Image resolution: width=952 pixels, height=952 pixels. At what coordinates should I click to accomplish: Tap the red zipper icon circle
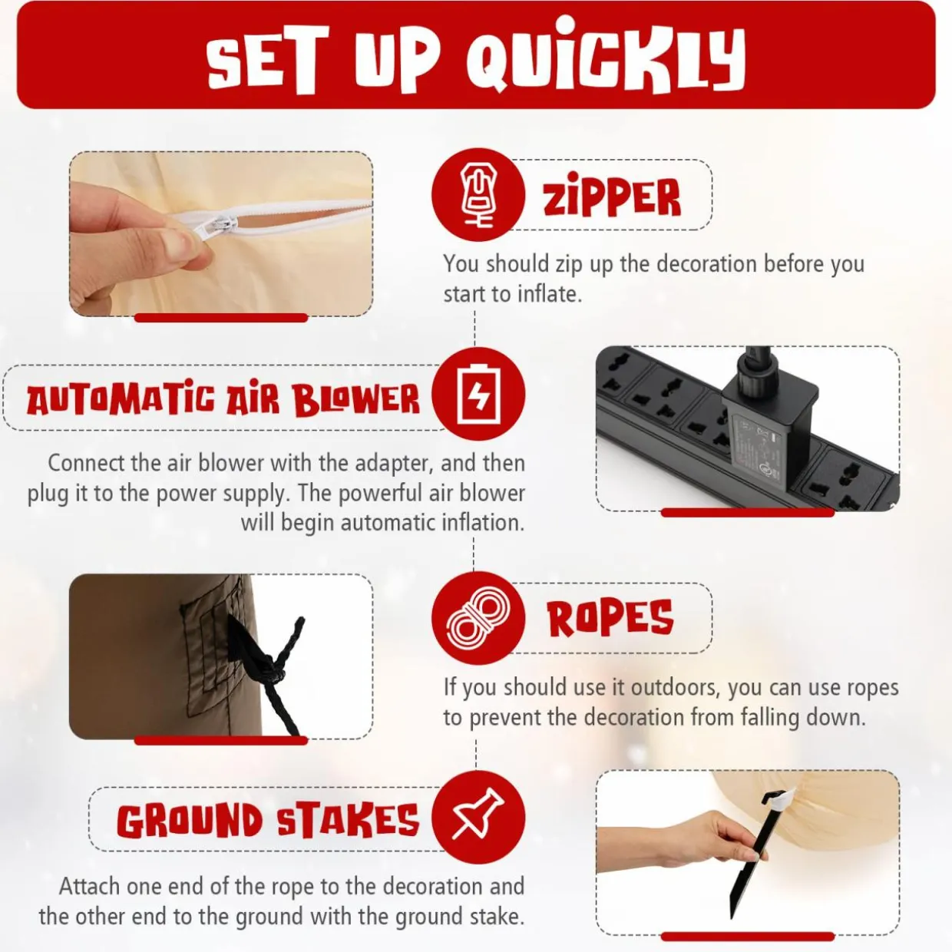coord(478,195)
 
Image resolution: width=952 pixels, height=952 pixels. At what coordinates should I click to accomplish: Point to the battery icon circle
coord(478,394)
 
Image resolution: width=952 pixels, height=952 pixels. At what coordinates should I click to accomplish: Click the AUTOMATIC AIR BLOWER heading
coord(223,398)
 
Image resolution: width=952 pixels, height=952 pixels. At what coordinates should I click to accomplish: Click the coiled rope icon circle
coord(478,617)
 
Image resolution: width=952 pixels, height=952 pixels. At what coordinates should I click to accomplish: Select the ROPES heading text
coord(610,617)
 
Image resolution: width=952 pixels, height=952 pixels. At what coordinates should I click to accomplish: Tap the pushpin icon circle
coord(478,817)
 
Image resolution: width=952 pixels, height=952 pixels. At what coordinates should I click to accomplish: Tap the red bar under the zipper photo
coord(221,318)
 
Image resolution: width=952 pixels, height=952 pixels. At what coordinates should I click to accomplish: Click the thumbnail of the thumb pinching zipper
coord(221,233)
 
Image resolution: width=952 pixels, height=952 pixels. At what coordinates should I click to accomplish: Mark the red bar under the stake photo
coord(748,936)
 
